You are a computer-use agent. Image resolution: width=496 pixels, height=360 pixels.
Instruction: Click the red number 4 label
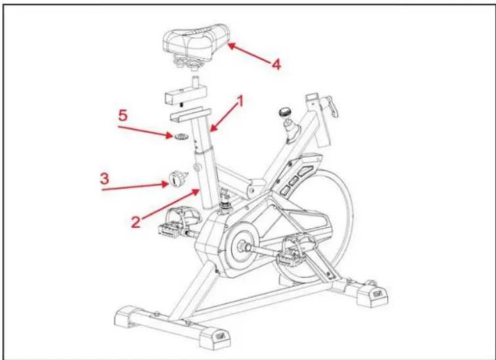pos(276,65)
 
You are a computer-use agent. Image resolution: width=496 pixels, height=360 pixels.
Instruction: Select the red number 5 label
pos(123,116)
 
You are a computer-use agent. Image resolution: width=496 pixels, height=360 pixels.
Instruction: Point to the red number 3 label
pos(104,179)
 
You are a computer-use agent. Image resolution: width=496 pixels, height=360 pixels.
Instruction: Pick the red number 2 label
pos(135,222)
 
